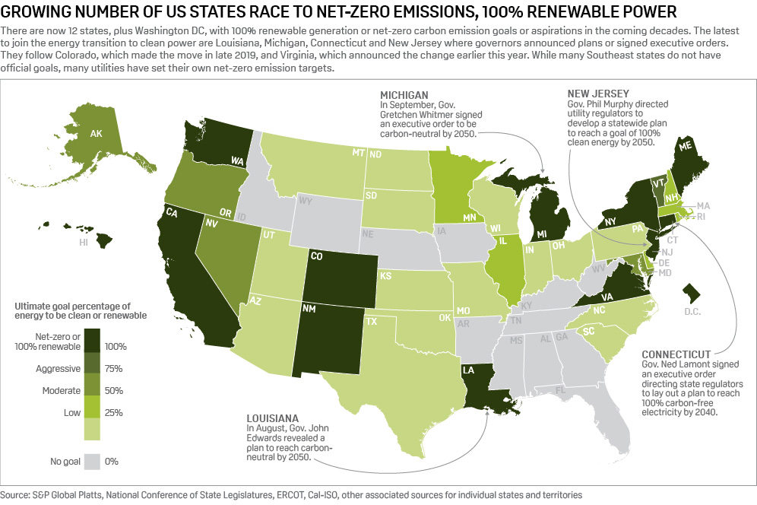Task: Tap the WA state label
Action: [238, 160]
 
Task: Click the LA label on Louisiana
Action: [468, 370]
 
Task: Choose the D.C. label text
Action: [692, 312]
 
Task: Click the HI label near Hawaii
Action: [84, 243]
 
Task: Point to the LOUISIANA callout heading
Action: [270, 418]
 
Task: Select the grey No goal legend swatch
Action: [93, 461]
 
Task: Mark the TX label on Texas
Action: [372, 322]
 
